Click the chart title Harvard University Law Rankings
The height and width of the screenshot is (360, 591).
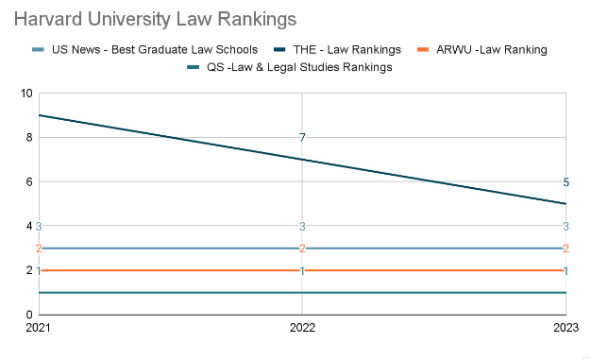pyautogui.click(x=155, y=19)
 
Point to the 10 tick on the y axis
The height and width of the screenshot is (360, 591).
pyautogui.click(x=26, y=94)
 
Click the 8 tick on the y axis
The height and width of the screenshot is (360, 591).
pyautogui.click(x=28, y=138)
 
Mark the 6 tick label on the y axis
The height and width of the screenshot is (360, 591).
pyautogui.click(x=28, y=181)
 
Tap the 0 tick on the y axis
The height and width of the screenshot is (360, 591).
pyautogui.click(x=28, y=315)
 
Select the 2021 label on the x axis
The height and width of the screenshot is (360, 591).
pyautogui.click(x=39, y=330)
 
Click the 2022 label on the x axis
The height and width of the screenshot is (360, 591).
pyautogui.click(x=302, y=330)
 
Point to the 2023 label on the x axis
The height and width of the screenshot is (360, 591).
pyautogui.click(x=565, y=330)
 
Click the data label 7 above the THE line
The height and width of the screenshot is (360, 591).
pyautogui.click(x=302, y=138)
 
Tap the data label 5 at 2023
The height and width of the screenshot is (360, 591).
pyautogui.click(x=566, y=182)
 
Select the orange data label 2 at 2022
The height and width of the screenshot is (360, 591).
pyautogui.click(x=302, y=249)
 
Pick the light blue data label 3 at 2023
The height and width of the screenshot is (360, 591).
pyautogui.click(x=566, y=226)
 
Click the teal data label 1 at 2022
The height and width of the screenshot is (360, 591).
pyautogui.click(x=302, y=271)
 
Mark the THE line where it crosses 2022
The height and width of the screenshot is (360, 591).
pyautogui.click(x=302, y=159)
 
